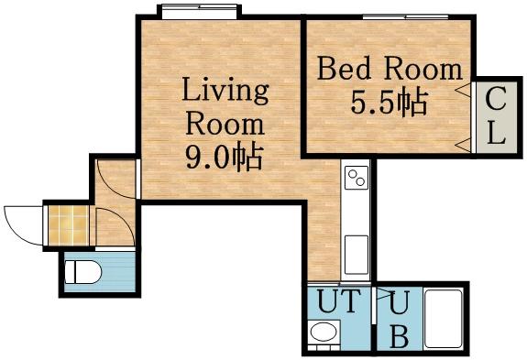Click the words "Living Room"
[x=225, y=106]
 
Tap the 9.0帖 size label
[x=225, y=158]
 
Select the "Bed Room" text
[x=389, y=69]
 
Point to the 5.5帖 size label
[x=389, y=103]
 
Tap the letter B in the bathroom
[x=399, y=336]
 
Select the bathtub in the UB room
[x=445, y=319]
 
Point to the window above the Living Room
[x=199, y=12]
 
